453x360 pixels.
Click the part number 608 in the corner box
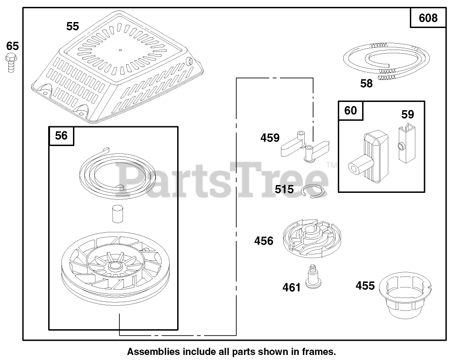pyautogui.click(x=428, y=18)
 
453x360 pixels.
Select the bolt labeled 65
pyautogui.click(x=10, y=62)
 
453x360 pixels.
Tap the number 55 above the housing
pyautogui.click(x=72, y=27)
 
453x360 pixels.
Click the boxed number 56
pyautogui.click(x=61, y=136)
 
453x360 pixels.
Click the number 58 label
pyautogui.click(x=366, y=84)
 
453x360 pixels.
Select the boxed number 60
pyautogui.click(x=350, y=111)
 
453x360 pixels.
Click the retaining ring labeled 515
pyautogui.click(x=316, y=191)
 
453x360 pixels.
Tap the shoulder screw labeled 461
pyautogui.click(x=313, y=278)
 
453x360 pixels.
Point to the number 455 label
pyautogui.click(x=365, y=286)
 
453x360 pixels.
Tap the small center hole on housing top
pyautogui.click(x=120, y=50)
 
